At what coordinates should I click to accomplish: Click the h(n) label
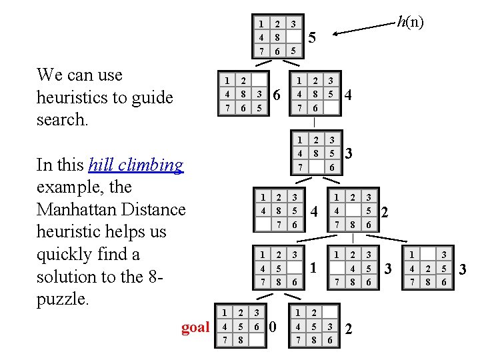point(409,22)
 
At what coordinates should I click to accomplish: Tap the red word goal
point(195,327)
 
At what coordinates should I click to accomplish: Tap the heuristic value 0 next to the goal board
point(271,327)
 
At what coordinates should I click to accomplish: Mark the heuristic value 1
point(312,269)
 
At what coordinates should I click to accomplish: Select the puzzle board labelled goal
point(241,326)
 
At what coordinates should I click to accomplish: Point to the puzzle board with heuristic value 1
point(277,268)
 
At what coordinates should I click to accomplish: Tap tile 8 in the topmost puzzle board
point(277,38)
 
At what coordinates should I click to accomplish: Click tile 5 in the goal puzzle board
point(241,327)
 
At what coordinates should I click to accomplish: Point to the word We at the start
point(50,75)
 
